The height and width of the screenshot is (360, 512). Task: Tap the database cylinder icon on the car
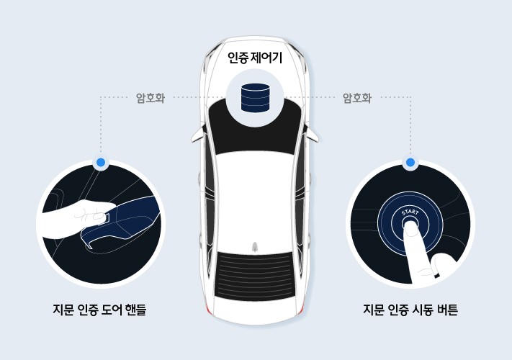256,96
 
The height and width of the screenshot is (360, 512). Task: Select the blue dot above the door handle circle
101,163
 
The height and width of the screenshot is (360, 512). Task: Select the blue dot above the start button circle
410,163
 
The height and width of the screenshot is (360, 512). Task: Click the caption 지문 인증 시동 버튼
410,311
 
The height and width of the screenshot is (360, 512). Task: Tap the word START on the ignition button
409,213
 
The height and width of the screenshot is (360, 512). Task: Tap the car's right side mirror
315,133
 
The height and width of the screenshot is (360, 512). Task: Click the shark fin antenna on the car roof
255,247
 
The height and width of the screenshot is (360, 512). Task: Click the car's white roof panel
255,194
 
